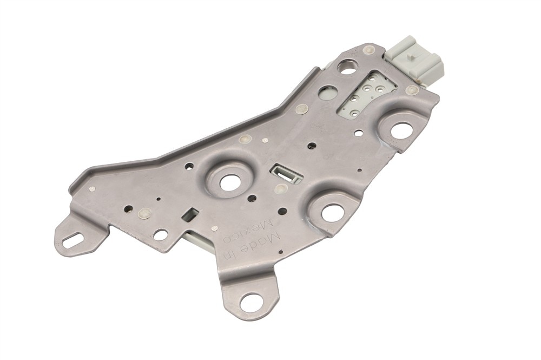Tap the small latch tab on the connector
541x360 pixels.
click(x=410, y=56)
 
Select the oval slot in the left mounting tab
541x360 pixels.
click(x=74, y=239)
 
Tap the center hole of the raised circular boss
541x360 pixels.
click(x=229, y=182)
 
